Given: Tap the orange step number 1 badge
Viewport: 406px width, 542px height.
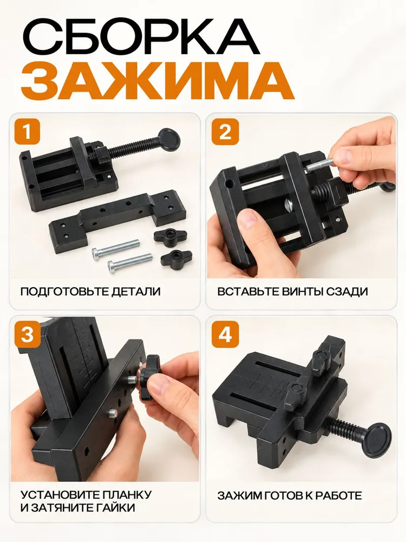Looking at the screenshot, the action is [x=27, y=132].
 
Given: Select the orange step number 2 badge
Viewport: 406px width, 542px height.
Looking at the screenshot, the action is [x=225, y=132].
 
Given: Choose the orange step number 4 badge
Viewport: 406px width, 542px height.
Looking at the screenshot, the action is [x=225, y=334].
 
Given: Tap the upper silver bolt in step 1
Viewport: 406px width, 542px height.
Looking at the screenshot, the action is [x=115, y=248].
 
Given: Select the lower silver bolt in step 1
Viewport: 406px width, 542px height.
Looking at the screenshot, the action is [x=130, y=262].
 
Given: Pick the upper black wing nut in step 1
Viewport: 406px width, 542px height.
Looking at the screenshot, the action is [x=170, y=237].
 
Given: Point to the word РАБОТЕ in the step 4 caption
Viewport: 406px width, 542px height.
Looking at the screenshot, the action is [x=336, y=495].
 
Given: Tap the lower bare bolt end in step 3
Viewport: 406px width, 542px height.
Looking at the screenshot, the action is [x=113, y=414].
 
